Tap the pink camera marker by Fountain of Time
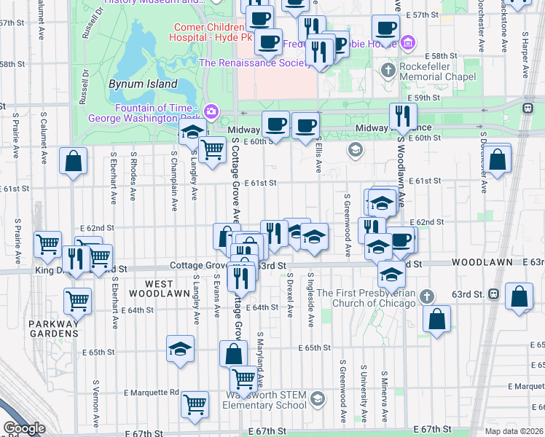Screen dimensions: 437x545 [211, 111]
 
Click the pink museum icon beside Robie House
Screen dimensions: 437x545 [408, 42]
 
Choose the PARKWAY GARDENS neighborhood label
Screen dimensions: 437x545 [53, 328]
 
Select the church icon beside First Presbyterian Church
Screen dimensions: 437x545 [428, 296]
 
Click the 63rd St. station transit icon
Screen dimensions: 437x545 [494, 294]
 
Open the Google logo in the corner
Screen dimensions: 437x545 [24, 428]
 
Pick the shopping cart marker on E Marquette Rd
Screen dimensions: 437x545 [195, 404]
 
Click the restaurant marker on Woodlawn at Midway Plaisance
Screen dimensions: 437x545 [402, 115]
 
